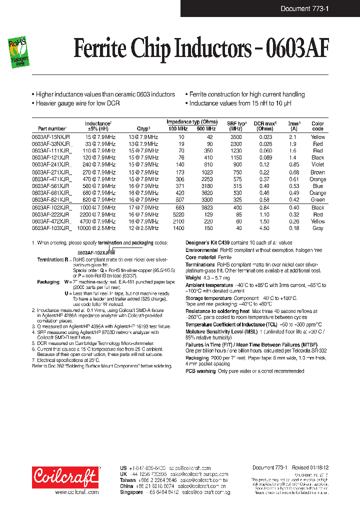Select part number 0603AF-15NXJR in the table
pyautogui.click(x=50, y=136)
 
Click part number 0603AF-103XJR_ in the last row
pyautogui.click(x=52, y=228)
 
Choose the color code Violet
pyautogui.click(x=317, y=164)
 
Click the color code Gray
pyautogui.click(x=317, y=228)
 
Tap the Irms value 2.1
pyautogui.click(x=293, y=136)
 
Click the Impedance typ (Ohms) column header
pyautogui.click(x=192, y=122)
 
